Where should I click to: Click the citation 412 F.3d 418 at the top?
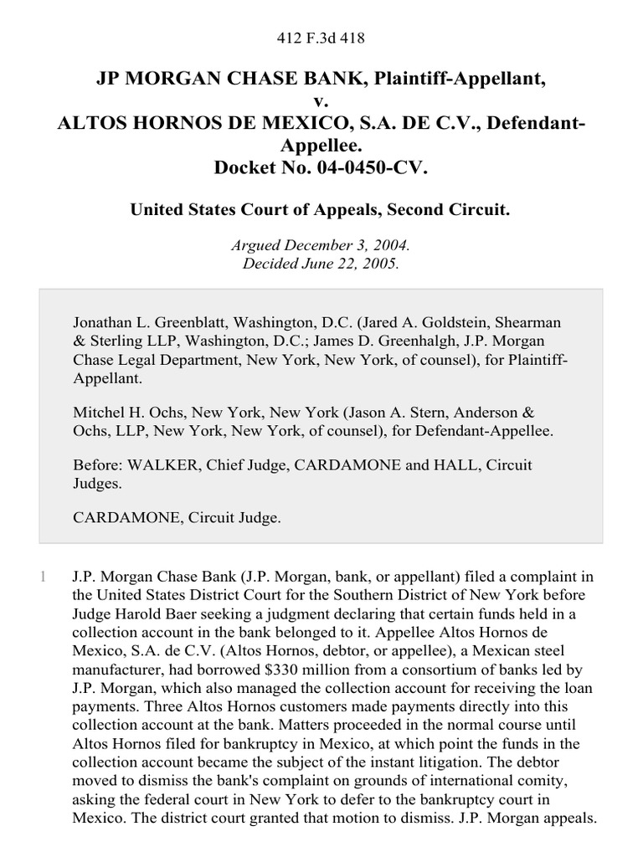point(321,38)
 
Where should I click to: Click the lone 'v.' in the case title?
point(321,101)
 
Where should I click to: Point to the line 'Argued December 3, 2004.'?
point(321,246)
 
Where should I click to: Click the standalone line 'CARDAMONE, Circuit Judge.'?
point(177,518)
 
